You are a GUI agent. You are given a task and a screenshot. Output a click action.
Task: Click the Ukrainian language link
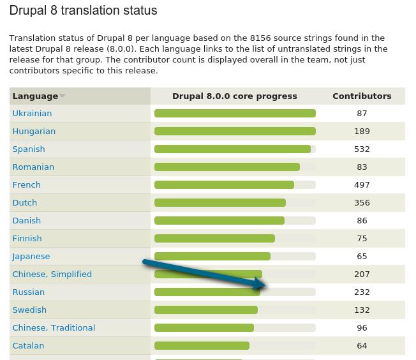click(x=32, y=113)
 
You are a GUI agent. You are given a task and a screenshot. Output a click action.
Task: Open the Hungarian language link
click(x=34, y=131)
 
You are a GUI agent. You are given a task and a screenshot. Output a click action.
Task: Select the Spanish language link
click(x=29, y=149)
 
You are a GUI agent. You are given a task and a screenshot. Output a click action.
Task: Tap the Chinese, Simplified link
click(x=52, y=274)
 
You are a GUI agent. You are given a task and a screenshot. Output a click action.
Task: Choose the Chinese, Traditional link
click(x=54, y=327)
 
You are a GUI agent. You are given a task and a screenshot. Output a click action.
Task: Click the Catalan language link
click(x=28, y=345)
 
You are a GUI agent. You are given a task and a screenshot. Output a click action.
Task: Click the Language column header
click(x=35, y=96)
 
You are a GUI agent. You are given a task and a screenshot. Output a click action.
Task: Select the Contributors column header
click(x=362, y=96)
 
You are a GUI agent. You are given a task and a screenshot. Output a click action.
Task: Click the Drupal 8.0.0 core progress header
click(x=234, y=96)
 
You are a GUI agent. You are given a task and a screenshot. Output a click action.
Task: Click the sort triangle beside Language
click(x=62, y=96)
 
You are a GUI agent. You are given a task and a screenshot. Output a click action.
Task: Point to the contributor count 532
click(x=362, y=149)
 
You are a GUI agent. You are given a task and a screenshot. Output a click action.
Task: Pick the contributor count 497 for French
click(x=362, y=184)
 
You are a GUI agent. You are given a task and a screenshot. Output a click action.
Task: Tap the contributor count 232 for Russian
click(x=362, y=292)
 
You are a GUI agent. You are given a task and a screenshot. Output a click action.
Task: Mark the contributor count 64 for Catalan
click(x=362, y=345)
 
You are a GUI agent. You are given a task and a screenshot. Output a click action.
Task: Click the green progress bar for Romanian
click(x=227, y=167)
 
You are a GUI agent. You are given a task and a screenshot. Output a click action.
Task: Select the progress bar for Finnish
click(x=214, y=239)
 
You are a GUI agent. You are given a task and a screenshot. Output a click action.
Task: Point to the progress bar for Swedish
click(x=205, y=310)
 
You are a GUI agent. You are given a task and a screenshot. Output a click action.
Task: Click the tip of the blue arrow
click(x=265, y=287)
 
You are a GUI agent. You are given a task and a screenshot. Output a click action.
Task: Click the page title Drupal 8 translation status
click(x=83, y=11)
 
